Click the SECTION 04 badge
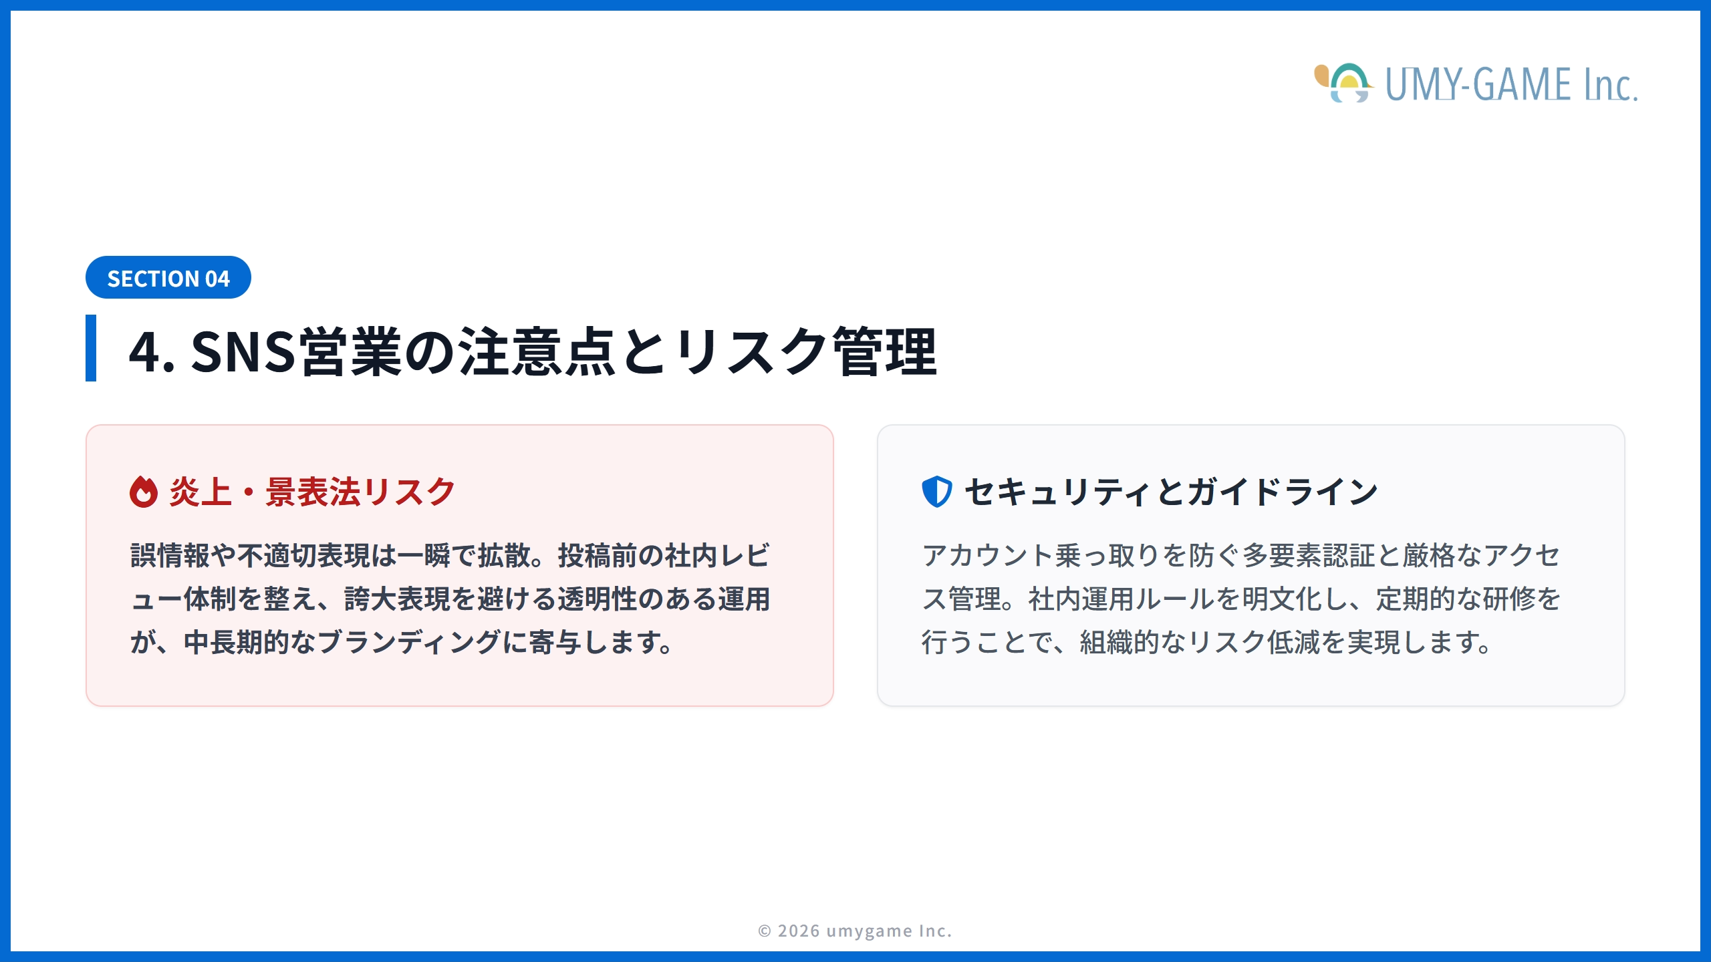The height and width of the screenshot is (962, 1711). pos(168,278)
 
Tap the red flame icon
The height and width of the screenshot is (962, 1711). pos(143,492)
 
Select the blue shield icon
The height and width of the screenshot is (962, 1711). pos(936,492)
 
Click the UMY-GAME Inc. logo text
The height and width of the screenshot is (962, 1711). pos(1510,85)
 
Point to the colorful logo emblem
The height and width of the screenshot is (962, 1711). pos(1342,83)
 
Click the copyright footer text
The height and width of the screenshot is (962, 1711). pos(855,931)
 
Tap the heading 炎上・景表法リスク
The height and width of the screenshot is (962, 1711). pos(312,492)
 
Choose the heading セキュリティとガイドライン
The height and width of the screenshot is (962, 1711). pos(1171,492)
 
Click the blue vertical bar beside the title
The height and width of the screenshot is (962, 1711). pos(91,348)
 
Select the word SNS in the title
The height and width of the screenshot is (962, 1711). pos(243,351)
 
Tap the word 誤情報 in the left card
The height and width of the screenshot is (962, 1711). pos(170,556)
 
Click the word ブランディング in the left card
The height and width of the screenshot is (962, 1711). pos(409,643)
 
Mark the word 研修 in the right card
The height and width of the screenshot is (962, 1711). pos(1508,599)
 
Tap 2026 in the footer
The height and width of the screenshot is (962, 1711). pos(799,931)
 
